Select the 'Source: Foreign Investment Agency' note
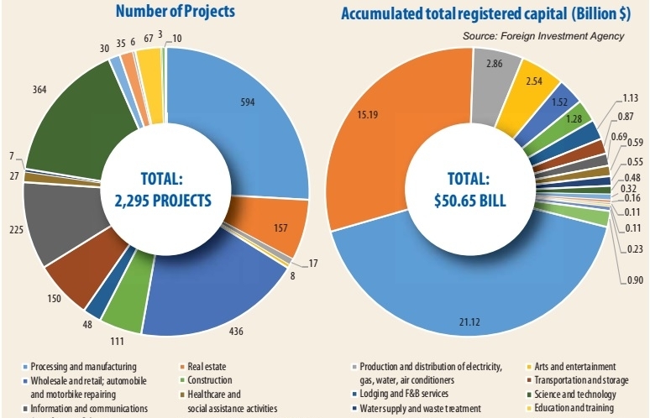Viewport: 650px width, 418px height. point(543,35)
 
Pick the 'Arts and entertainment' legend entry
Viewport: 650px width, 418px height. point(570,367)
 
